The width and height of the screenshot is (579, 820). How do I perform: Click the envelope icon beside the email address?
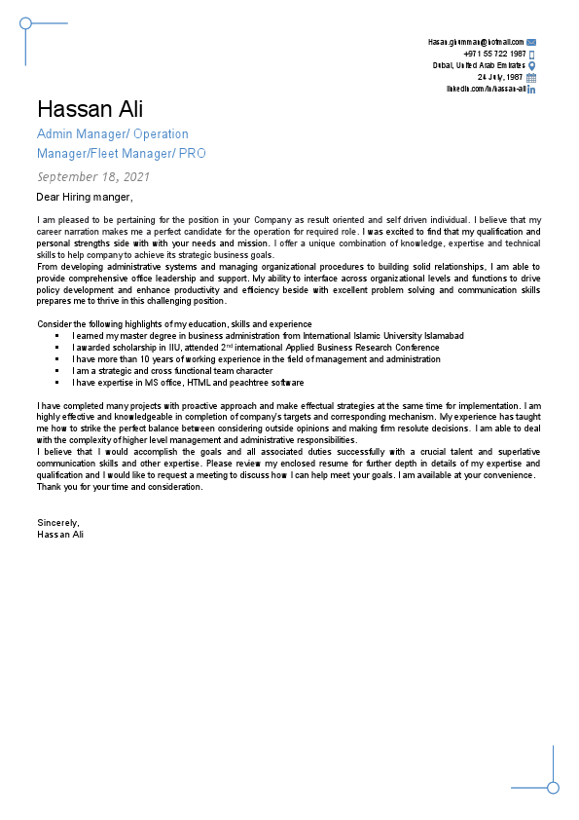[x=531, y=43]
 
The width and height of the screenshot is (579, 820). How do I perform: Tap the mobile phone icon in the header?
[x=531, y=55]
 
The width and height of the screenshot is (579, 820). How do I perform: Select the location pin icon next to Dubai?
[x=531, y=66]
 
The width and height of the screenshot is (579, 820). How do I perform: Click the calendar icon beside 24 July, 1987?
[x=531, y=77]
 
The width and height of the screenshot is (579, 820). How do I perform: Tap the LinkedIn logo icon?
[x=531, y=89]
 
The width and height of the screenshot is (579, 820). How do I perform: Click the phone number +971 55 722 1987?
[x=494, y=55]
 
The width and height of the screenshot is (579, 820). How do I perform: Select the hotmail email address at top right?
[x=475, y=43]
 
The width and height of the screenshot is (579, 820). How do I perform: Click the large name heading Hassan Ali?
[x=90, y=108]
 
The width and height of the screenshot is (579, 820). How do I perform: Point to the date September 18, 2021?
[x=93, y=177]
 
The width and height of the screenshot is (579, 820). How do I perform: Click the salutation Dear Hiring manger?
[x=84, y=197]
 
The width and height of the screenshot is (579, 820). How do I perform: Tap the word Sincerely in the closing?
[x=57, y=523]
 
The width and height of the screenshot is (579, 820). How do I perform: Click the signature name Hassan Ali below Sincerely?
[x=60, y=534]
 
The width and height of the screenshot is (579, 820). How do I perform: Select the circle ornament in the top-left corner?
[x=26, y=22]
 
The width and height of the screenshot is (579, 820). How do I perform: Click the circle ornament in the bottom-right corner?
[x=553, y=787]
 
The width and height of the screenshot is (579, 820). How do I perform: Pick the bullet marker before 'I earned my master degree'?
[x=57, y=336]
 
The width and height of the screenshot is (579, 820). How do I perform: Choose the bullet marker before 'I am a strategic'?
[x=57, y=371]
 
